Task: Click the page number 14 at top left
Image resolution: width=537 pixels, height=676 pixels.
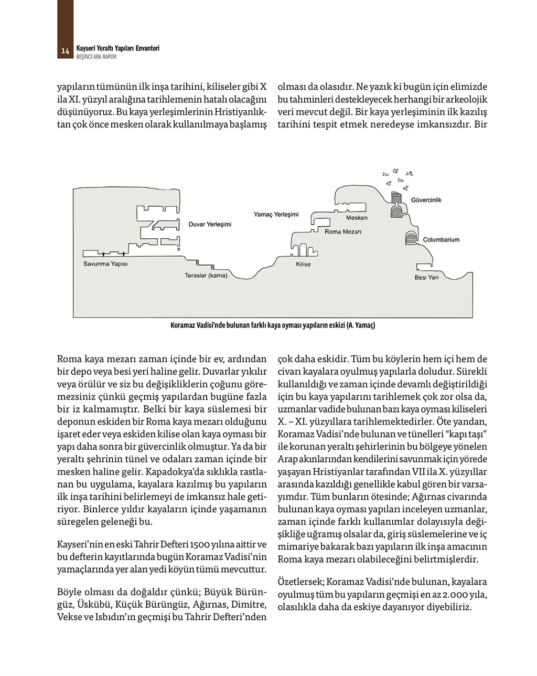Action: (x=65, y=51)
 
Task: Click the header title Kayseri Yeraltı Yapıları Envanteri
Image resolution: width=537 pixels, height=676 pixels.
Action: (x=117, y=48)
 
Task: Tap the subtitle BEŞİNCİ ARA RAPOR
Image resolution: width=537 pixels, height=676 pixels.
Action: (x=96, y=57)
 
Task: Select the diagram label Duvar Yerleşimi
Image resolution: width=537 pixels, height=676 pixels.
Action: (x=210, y=224)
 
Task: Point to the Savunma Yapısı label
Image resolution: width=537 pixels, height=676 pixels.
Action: (x=105, y=263)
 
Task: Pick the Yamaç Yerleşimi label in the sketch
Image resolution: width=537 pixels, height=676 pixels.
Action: (x=276, y=214)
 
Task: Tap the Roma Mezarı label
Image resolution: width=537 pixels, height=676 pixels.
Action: (x=343, y=231)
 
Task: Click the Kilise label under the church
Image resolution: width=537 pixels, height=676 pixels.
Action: (x=303, y=264)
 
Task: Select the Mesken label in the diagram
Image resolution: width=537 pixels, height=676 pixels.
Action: (x=357, y=217)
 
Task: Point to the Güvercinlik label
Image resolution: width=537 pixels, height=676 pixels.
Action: (x=426, y=200)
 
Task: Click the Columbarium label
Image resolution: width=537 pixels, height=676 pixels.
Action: (x=441, y=239)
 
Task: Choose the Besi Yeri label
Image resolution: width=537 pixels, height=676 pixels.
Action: (x=426, y=277)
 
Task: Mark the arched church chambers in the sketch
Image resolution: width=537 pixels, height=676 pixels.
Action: (x=303, y=250)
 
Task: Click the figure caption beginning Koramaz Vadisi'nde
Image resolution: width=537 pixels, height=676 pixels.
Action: (x=273, y=325)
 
